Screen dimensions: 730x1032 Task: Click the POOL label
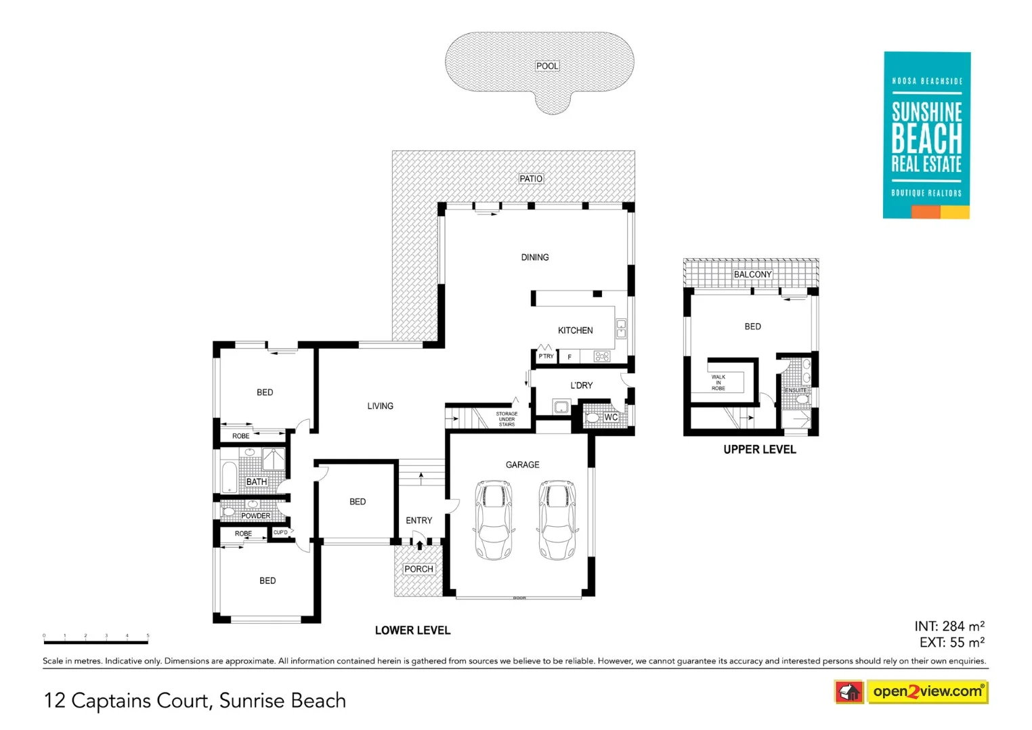click(x=547, y=66)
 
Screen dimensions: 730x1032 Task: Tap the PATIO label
click(x=531, y=179)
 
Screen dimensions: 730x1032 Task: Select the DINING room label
click(x=535, y=257)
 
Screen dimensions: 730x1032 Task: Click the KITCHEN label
click(x=575, y=330)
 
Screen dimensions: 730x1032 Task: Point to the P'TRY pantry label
click(x=546, y=356)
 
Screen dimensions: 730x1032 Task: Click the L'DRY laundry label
click(x=581, y=385)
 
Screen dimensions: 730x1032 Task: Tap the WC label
click(x=611, y=417)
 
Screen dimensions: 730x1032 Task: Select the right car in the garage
click(x=557, y=519)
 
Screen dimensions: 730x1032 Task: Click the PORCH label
click(x=418, y=569)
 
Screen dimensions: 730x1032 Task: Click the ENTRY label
click(x=418, y=520)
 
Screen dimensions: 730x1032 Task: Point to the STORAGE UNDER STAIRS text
click(x=507, y=419)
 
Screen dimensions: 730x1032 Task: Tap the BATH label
click(x=256, y=481)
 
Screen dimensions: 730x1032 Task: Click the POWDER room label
click(x=255, y=516)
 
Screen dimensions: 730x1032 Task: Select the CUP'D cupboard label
click(x=280, y=532)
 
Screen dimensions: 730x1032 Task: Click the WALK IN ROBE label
click(x=718, y=383)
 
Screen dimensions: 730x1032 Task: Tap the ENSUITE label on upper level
click(x=796, y=390)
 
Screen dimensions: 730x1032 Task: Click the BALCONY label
click(x=752, y=274)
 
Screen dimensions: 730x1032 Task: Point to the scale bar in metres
click(x=95, y=641)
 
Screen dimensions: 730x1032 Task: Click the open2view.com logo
click(x=927, y=691)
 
